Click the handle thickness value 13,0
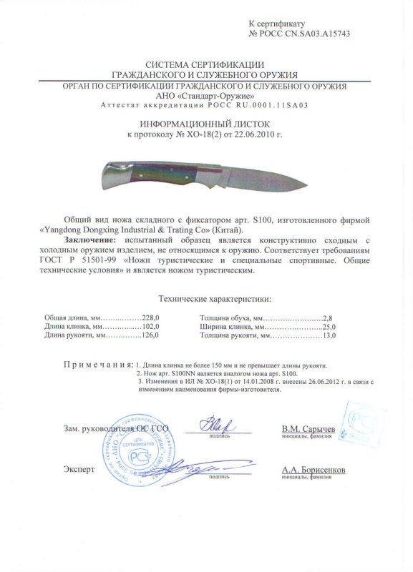(329, 335)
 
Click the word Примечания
(97, 365)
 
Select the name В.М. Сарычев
(308, 428)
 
